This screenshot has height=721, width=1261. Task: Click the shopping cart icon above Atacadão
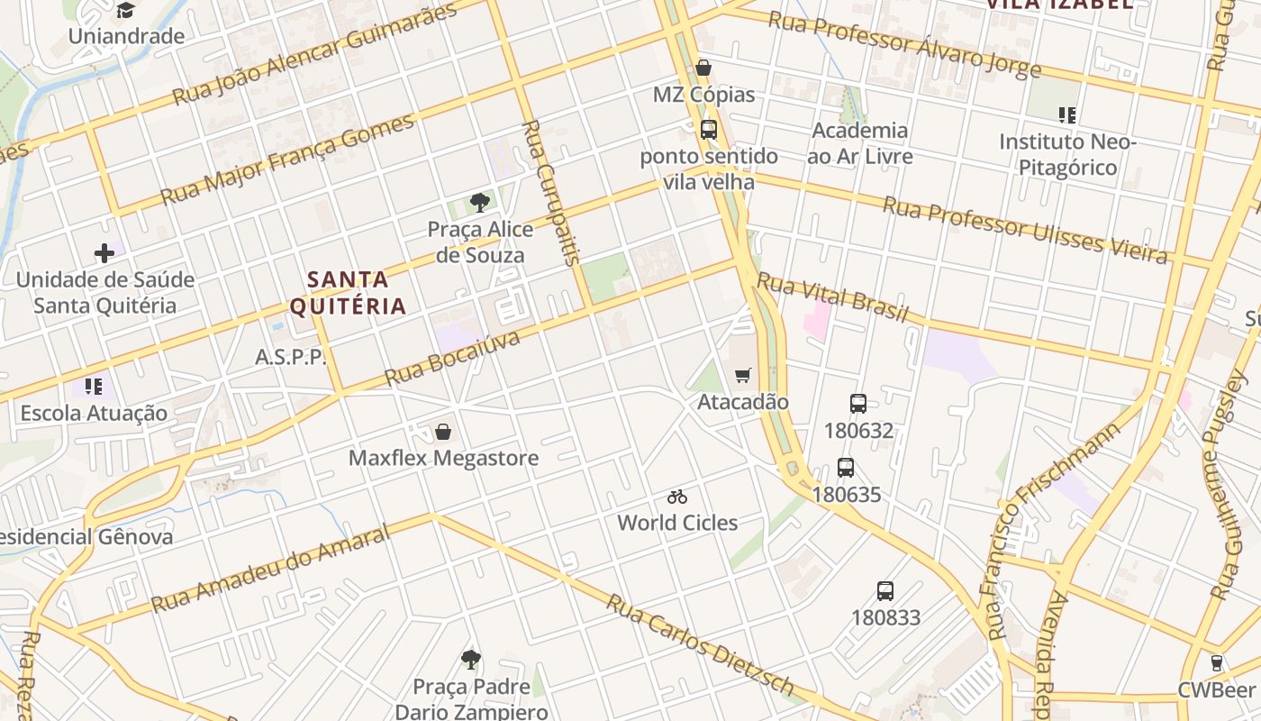pos(743,375)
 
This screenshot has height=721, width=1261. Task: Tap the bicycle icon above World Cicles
pos(677,497)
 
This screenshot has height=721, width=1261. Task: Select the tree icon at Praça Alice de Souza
pos(479,203)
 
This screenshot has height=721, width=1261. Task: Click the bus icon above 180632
pos(858,404)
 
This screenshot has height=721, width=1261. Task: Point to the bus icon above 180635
pos(846,468)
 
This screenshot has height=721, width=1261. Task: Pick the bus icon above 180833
pos(885,591)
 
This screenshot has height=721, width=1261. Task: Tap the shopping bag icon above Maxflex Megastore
pos(443,432)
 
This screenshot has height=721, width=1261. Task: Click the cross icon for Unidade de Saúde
pos(104,253)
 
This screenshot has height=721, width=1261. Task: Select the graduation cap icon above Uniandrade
pos(125,11)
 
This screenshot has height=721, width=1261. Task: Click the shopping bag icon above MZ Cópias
pos(703,68)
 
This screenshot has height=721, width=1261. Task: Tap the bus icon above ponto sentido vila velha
pos(709,130)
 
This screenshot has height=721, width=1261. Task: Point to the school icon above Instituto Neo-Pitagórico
pos(1067,115)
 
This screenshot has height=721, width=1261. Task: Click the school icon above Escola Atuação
pos(93,387)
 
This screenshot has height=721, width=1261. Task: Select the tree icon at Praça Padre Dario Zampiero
pos(470,660)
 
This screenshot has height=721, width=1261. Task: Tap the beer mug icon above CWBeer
pos(1217,663)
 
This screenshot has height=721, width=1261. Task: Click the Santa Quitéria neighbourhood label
pos(348,292)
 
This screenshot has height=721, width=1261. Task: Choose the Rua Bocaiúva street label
pos(453,358)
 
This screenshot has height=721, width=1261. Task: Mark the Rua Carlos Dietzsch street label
pos(700,645)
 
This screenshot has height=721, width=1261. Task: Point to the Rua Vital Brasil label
pos(832,297)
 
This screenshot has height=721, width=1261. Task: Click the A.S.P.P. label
pos(291,357)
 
